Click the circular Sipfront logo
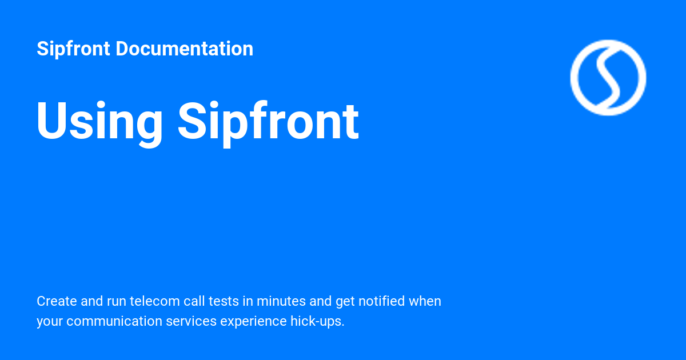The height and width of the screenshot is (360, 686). click(x=608, y=78)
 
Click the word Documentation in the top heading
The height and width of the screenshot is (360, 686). click(x=184, y=49)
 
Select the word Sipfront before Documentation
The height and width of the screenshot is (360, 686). click(x=73, y=49)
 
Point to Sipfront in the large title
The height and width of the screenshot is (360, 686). click(x=268, y=121)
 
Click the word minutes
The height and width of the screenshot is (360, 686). click(x=277, y=301)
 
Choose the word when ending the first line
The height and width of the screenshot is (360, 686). click(x=425, y=301)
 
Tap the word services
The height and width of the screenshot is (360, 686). click(x=192, y=321)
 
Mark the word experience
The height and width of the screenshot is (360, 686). click(x=249, y=321)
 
